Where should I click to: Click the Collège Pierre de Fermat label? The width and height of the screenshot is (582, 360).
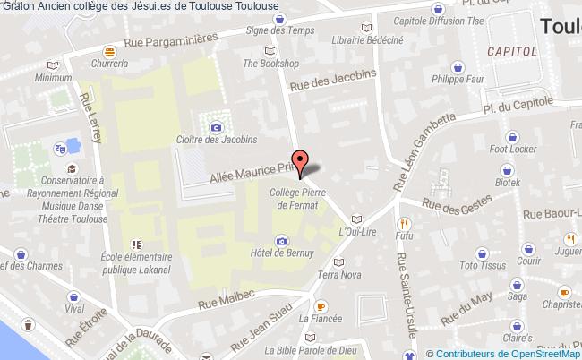tap(302, 198)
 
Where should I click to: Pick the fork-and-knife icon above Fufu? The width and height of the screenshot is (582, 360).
tap(405, 223)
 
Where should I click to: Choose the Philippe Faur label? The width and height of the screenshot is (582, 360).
tap(459, 88)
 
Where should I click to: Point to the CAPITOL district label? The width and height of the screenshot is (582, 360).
tap(512, 52)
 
